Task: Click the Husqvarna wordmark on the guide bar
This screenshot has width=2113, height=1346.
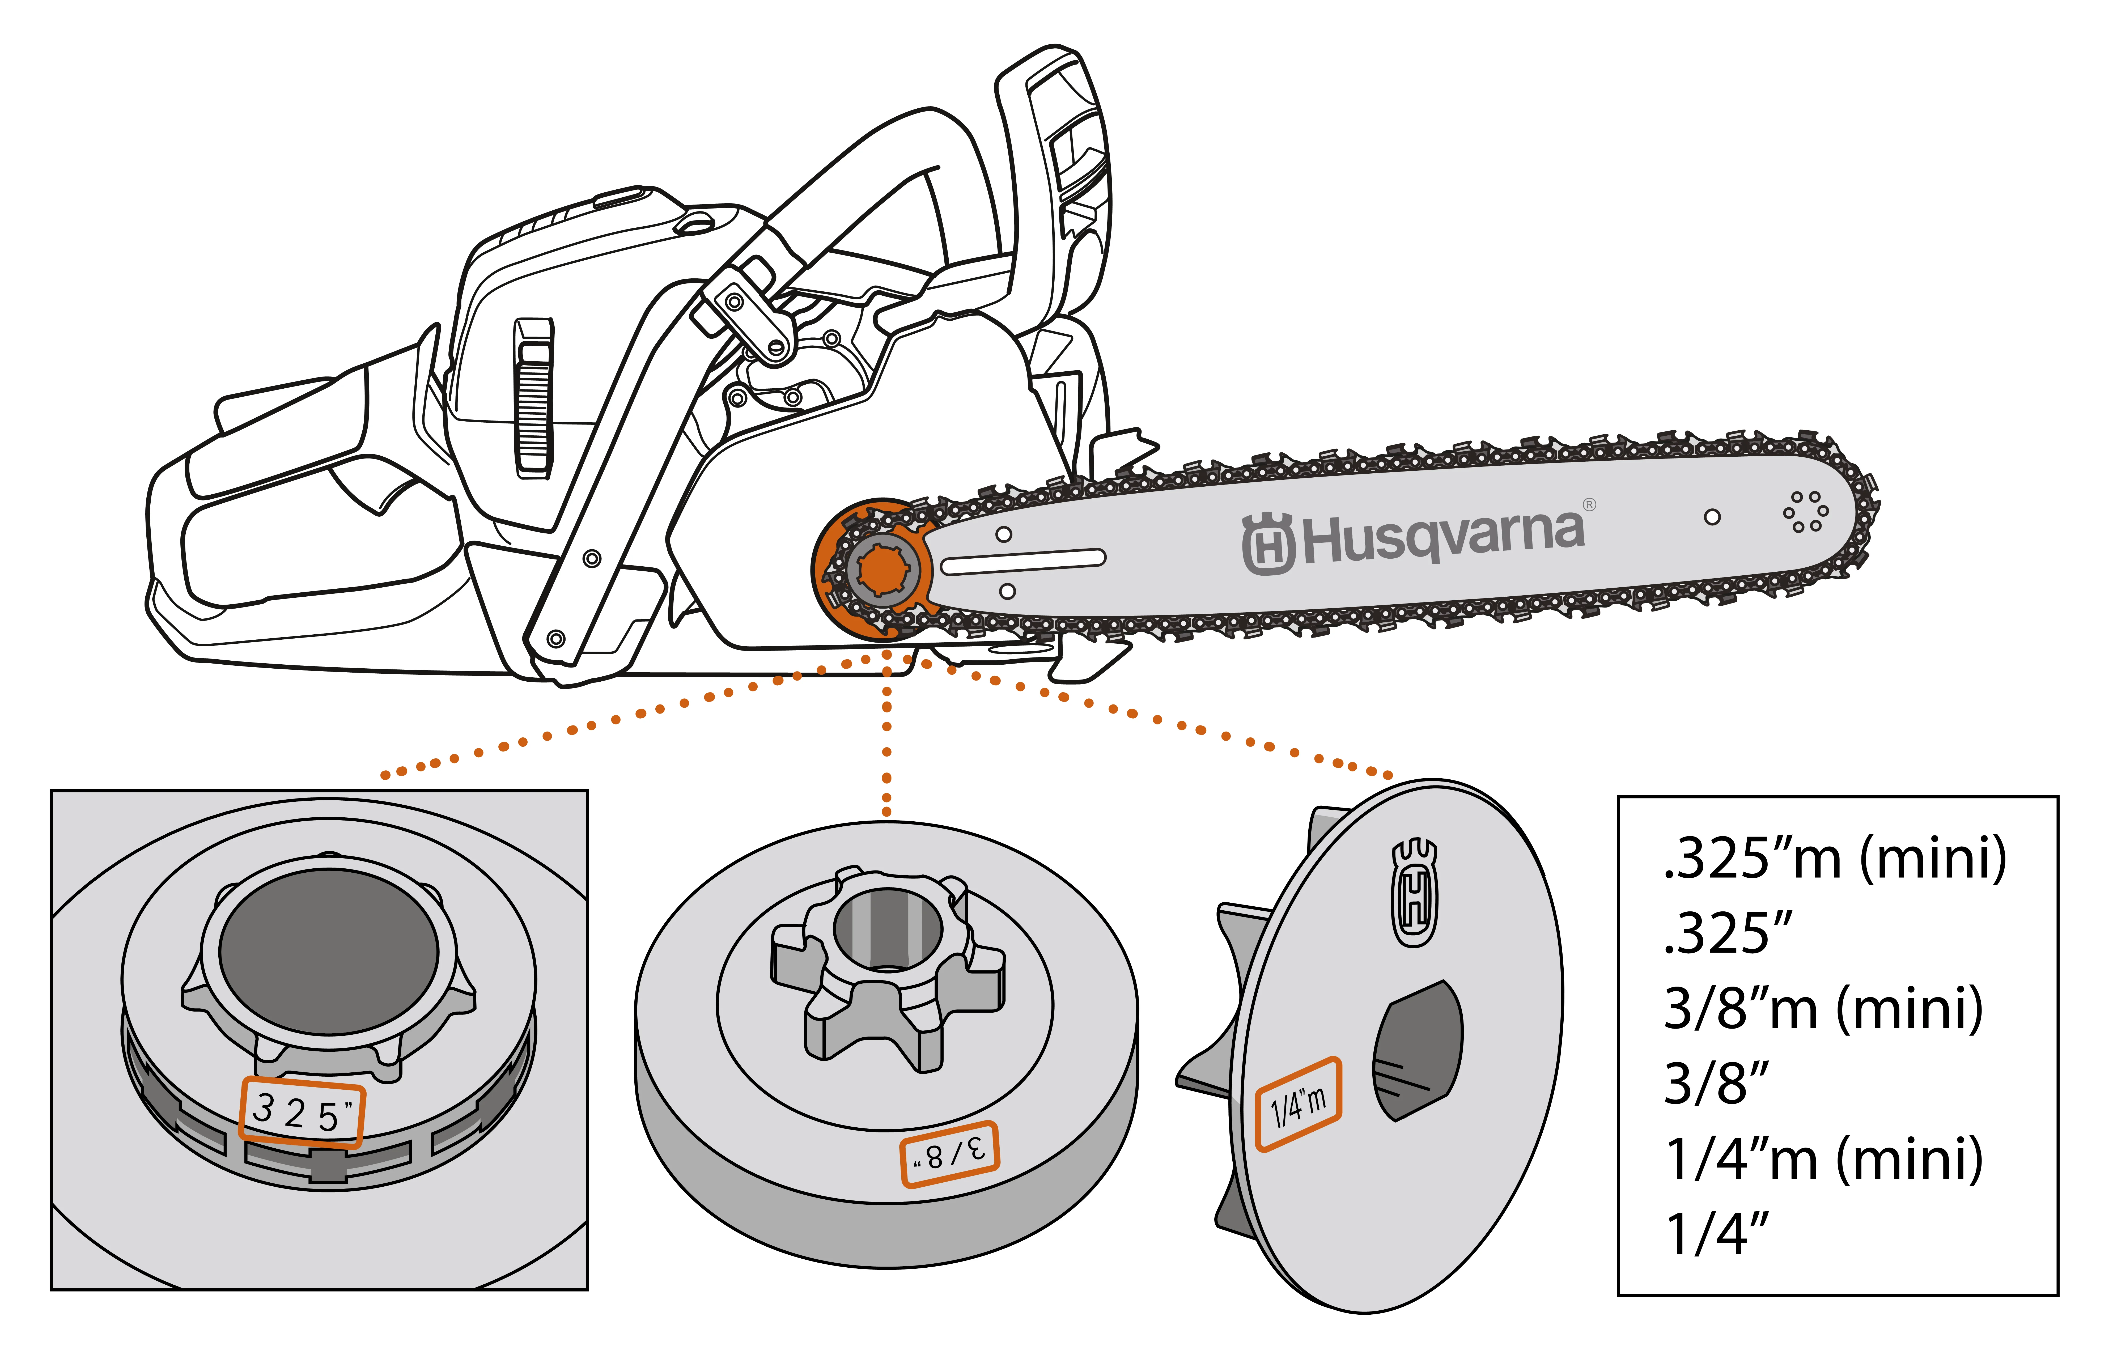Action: (1444, 535)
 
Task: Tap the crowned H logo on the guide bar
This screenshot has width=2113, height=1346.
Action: (1268, 544)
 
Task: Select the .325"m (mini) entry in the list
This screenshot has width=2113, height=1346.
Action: (1834, 858)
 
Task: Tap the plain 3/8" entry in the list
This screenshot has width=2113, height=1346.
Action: (1716, 1084)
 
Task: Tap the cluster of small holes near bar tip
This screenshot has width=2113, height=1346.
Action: (1805, 512)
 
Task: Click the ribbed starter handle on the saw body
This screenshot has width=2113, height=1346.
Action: (533, 399)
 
